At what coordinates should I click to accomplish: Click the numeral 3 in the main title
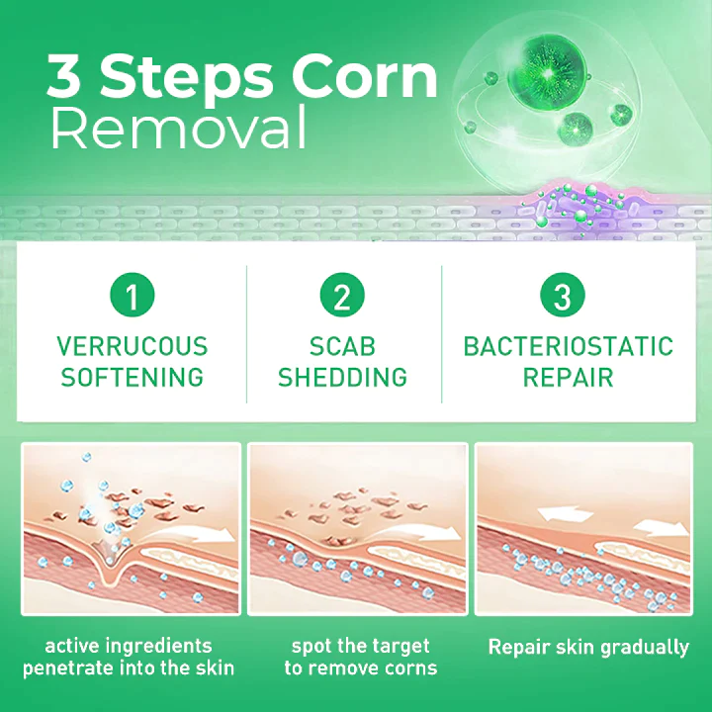(x=71, y=78)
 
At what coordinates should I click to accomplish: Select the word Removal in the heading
(x=178, y=129)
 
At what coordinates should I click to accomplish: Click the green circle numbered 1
(x=132, y=295)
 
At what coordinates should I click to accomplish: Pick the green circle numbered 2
(x=342, y=295)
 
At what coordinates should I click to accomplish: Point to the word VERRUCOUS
(x=132, y=347)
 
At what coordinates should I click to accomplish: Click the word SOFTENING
(x=132, y=377)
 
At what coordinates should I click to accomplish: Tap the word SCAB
(x=342, y=347)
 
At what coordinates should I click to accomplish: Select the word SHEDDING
(x=342, y=377)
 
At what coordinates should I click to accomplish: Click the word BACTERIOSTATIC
(x=568, y=347)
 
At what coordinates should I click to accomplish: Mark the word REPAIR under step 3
(x=568, y=377)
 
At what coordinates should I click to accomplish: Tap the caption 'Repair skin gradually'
(x=588, y=648)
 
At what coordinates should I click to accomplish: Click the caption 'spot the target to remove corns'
(x=360, y=657)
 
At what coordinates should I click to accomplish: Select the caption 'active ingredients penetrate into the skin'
(x=129, y=657)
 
